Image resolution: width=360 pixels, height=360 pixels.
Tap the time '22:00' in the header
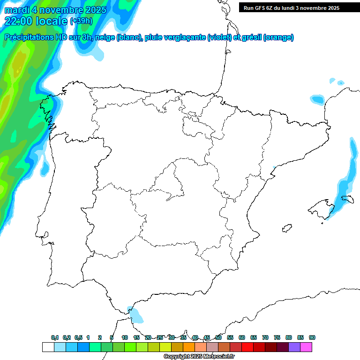[x=19, y=21]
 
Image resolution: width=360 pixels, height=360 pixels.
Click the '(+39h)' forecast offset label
[x=82, y=21]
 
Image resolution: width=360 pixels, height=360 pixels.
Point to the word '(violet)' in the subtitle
[x=219, y=38]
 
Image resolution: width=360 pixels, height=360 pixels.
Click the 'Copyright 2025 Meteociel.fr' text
[x=199, y=356]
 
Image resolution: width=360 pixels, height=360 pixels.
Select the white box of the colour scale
[x=48, y=347]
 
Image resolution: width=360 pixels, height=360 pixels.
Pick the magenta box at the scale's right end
[x=306, y=347]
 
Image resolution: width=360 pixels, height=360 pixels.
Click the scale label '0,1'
[x=55, y=338]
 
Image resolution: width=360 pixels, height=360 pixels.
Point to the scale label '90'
[x=312, y=338]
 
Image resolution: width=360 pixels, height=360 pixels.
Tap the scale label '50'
[x=218, y=338]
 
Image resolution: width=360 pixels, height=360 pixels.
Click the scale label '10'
[x=125, y=338]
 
